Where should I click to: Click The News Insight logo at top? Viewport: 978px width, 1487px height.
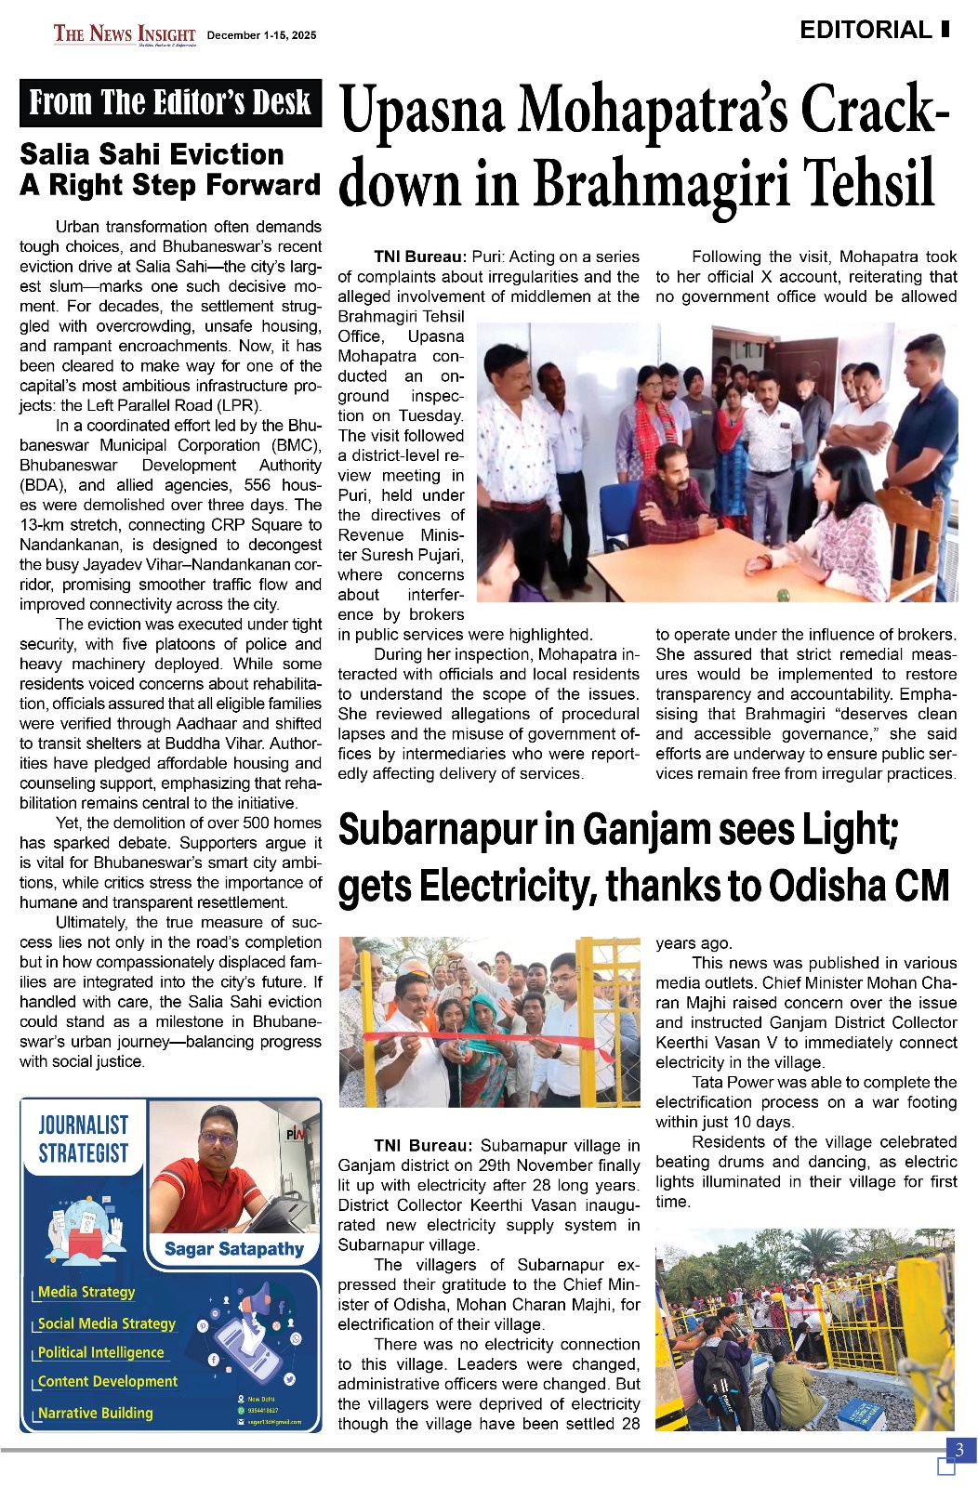point(125,34)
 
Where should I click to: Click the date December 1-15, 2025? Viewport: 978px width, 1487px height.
point(261,35)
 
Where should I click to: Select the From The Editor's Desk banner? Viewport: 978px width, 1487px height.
point(170,102)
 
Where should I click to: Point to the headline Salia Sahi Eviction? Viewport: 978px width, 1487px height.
point(152,154)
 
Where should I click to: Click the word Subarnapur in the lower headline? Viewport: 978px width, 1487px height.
point(436,829)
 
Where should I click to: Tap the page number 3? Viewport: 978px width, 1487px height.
point(959,1449)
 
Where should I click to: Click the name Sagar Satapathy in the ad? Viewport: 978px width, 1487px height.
point(234,1249)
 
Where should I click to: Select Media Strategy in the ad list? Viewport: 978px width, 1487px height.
point(86,1292)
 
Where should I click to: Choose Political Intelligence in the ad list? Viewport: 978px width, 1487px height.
point(100,1352)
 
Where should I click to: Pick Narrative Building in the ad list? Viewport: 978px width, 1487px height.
point(95,1413)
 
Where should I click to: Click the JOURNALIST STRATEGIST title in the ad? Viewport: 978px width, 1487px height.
point(83,1139)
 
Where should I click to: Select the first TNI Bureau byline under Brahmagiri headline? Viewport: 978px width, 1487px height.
point(419,257)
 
